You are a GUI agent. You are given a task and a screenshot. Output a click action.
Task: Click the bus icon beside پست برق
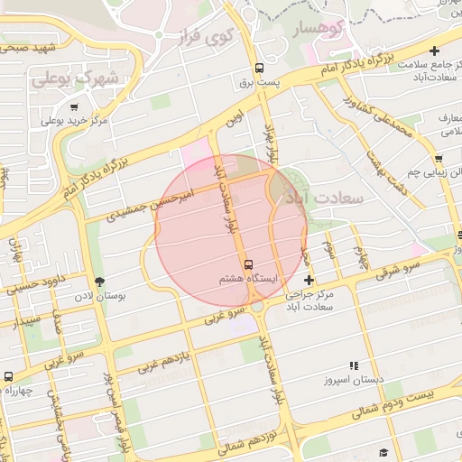tap(259, 68)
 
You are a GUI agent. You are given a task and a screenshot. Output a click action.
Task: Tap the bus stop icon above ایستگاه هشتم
tap(249, 264)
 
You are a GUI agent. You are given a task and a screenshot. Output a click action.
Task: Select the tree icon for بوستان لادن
tap(99, 281)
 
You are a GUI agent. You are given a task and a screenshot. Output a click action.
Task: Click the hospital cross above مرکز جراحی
tap(309, 281)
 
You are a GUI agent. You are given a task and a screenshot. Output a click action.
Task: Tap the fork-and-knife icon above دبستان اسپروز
tap(354, 365)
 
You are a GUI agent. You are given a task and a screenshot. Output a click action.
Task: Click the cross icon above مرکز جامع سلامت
tap(436, 51)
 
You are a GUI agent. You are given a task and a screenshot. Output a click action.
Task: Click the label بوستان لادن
tap(127, 294)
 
